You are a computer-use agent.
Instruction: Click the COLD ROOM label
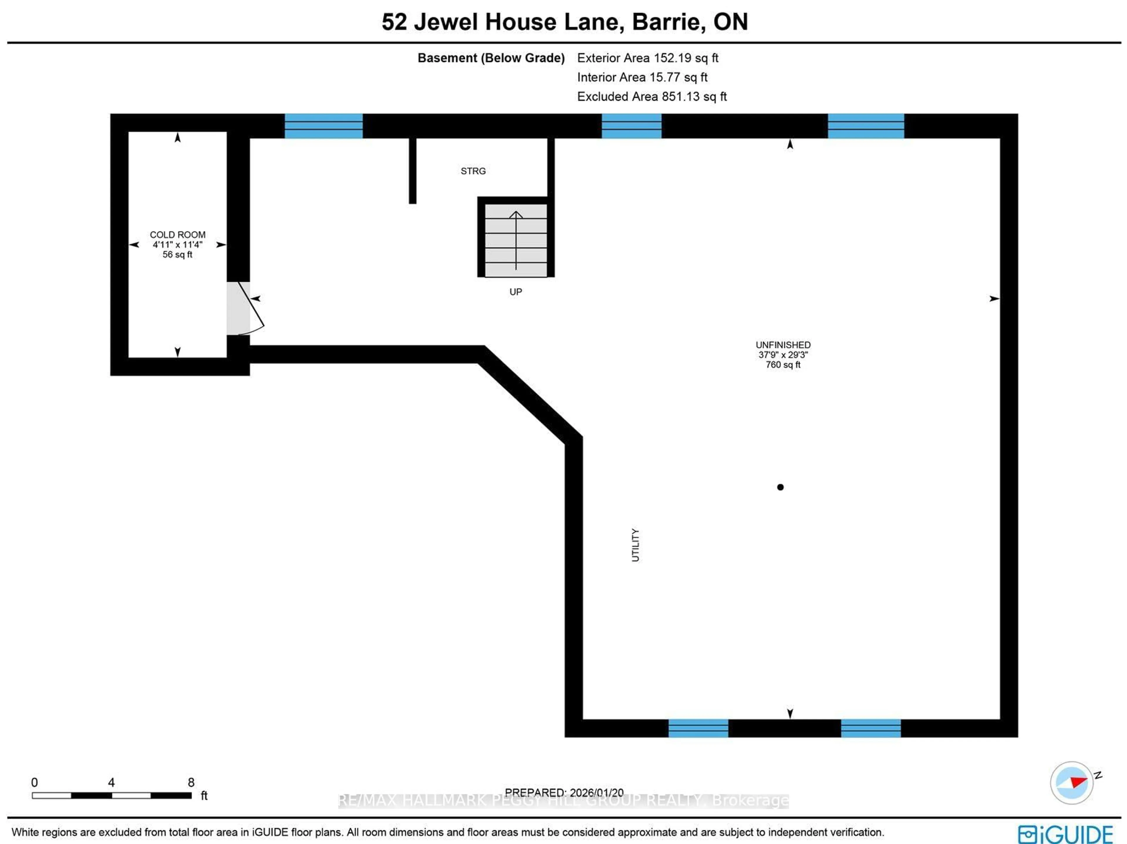pyautogui.click(x=177, y=235)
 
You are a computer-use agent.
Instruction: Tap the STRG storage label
pyautogui.click(x=473, y=171)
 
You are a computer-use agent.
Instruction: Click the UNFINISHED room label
pyautogui.click(x=782, y=345)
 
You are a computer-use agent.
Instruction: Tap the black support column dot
pyautogui.click(x=780, y=487)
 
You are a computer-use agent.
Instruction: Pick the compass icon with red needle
pyautogui.click(x=1072, y=782)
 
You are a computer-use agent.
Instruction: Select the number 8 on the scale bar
pyautogui.click(x=191, y=782)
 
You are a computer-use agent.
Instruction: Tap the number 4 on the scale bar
pyautogui.click(x=111, y=782)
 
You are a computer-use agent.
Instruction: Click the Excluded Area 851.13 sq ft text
pyautogui.click(x=652, y=97)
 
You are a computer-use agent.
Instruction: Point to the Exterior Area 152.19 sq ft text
pyautogui.click(x=647, y=58)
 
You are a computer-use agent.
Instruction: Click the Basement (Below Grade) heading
pyautogui.click(x=491, y=58)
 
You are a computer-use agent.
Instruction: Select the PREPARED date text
pyautogui.click(x=564, y=793)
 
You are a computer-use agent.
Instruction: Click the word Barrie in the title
pyautogui.click(x=668, y=22)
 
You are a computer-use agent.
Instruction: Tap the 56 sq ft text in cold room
pyautogui.click(x=177, y=254)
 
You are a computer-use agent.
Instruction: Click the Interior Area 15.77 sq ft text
pyautogui.click(x=642, y=78)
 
